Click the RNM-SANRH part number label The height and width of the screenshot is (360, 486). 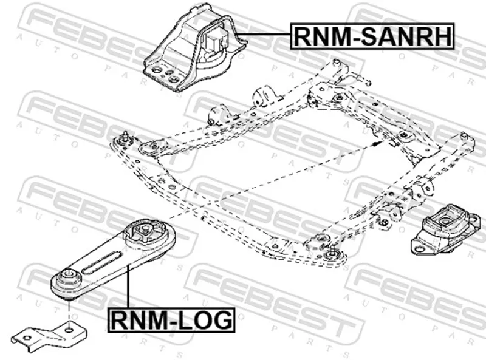pyautogui.click(x=372, y=36)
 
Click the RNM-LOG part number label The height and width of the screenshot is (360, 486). pyautogui.click(x=171, y=318)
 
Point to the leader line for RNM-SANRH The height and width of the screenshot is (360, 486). pyautogui.click(x=261, y=35)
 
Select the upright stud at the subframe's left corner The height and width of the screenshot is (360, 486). pyautogui.click(x=124, y=137)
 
